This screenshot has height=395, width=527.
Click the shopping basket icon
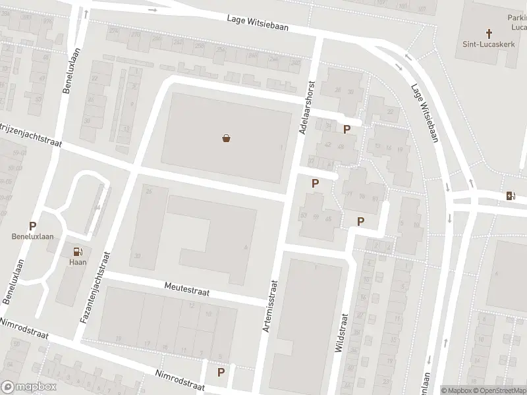227,138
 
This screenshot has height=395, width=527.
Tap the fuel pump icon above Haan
78,251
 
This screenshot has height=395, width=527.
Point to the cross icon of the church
489,33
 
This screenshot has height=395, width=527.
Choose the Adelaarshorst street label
308,107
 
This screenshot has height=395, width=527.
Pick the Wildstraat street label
341,332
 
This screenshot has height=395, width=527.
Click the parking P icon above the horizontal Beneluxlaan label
32,226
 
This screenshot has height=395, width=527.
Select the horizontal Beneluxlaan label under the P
32,236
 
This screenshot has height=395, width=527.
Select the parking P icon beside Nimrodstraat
221,372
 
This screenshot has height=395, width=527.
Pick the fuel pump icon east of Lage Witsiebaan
509,195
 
